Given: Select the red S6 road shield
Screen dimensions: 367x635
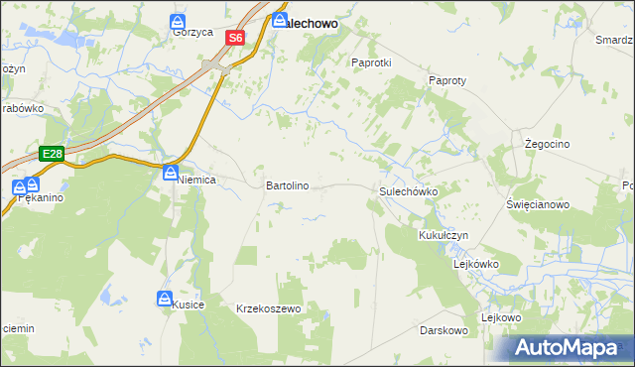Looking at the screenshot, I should pos(234,38).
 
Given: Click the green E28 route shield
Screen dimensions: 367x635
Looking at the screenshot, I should pos(53,154).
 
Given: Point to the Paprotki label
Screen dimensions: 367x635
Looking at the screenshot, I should pos(372,61).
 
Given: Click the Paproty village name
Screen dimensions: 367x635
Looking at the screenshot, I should pos(447,80).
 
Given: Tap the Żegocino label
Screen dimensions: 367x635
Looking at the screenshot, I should pos(547,144).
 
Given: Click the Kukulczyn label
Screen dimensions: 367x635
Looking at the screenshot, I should pos(443,236).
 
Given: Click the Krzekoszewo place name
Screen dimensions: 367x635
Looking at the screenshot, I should pos(268,309).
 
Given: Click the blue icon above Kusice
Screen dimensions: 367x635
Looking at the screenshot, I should pos(165,298).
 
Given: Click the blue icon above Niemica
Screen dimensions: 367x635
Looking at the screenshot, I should pos(171,173).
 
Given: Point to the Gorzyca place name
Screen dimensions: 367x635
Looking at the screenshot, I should pos(192,32).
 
